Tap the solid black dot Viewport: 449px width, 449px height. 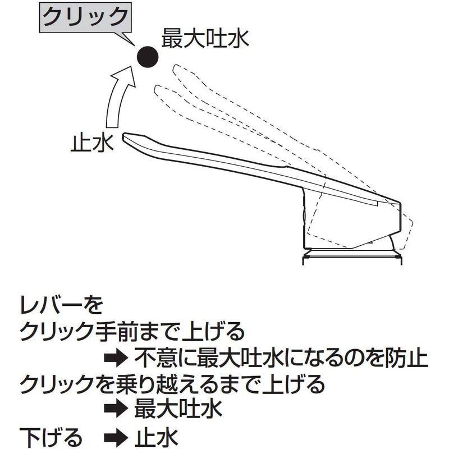(x=147, y=57)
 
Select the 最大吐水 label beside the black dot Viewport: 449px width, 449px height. (x=205, y=39)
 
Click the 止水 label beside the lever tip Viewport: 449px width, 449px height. (x=92, y=143)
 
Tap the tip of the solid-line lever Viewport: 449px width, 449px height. (x=123, y=137)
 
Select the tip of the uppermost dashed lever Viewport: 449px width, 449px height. (x=175, y=68)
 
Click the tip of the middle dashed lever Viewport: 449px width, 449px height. (x=156, y=89)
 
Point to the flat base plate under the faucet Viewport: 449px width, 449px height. (x=352, y=260)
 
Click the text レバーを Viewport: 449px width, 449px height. (x=61, y=305)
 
